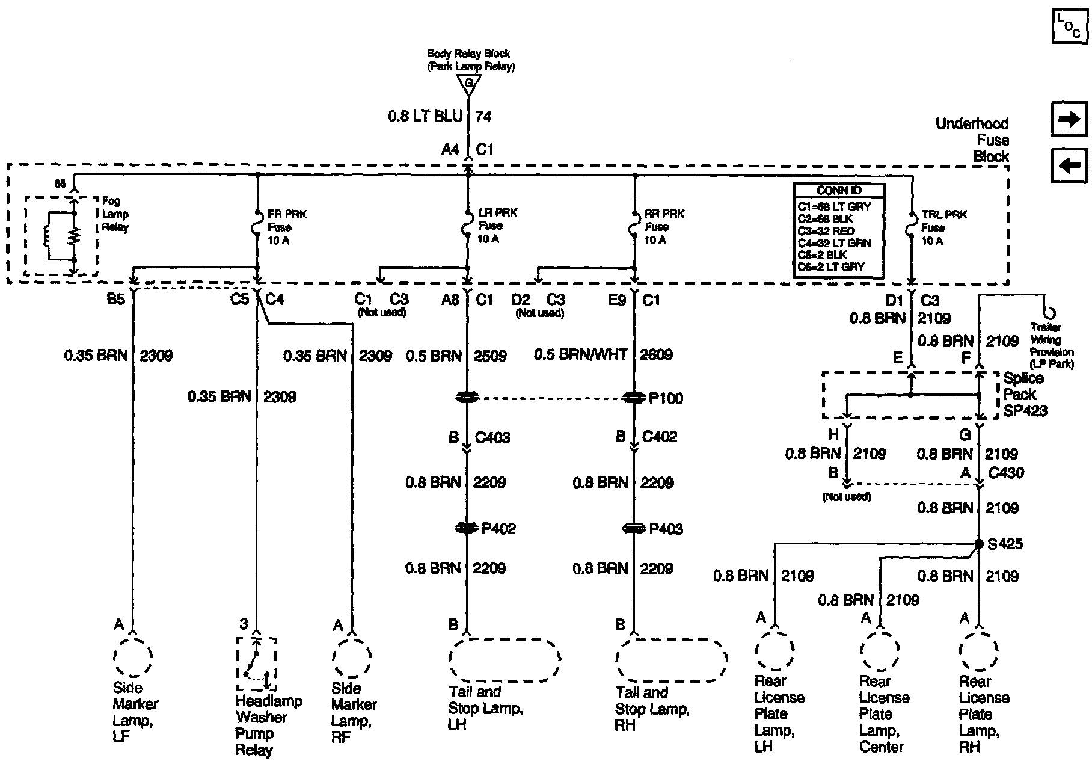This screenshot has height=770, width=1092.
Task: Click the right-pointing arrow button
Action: click(x=1069, y=119)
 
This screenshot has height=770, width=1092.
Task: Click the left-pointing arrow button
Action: click(x=1069, y=165)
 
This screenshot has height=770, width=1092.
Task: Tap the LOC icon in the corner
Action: click(x=1069, y=26)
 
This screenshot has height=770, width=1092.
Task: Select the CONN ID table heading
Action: click(x=839, y=190)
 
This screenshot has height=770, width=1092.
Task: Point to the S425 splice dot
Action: click(x=979, y=544)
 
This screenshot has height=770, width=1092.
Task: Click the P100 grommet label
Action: click(x=666, y=398)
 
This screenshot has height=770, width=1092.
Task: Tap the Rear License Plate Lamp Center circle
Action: click(x=880, y=650)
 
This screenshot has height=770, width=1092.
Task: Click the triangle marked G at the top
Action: click(x=468, y=84)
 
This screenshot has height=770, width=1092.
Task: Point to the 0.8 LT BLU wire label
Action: click(x=425, y=116)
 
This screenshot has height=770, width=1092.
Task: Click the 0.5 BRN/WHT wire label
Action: click(x=580, y=355)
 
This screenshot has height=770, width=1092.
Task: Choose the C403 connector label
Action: click(x=492, y=437)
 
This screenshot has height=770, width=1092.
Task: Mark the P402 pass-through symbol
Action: click(x=468, y=528)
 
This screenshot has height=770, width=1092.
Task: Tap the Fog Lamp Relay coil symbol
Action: click(x=47, y=236)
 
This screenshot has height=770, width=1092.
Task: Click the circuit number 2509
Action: click(x=489, y=356)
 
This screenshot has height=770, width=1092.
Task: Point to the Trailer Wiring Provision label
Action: click(x=1051, y=345)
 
